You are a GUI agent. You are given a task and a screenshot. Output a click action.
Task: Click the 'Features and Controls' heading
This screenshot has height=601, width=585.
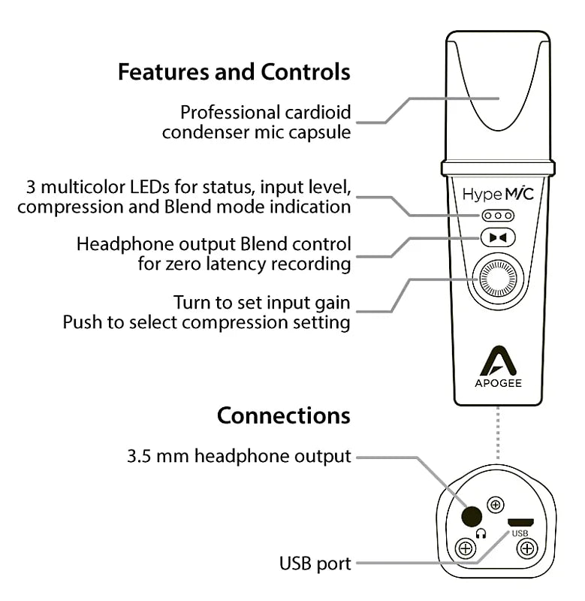[234, 72]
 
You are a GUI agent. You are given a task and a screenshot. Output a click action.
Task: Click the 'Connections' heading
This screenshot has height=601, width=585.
[283, 415]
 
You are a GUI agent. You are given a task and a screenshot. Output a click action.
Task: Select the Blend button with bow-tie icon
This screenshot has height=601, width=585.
[498, 238]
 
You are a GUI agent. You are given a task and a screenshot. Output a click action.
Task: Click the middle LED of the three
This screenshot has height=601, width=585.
[498, 216]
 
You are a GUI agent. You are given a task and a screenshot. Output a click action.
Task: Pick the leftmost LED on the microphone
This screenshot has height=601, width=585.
[487, 216]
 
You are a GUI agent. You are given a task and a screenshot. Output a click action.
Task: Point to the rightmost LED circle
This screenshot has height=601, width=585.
[508, 216]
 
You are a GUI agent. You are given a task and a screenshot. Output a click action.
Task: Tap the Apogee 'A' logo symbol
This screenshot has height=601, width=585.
[498, 362]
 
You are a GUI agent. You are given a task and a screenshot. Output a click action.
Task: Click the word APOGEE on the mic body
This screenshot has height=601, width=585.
[498, 382]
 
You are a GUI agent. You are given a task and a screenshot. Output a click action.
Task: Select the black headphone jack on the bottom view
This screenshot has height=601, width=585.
[472, 516]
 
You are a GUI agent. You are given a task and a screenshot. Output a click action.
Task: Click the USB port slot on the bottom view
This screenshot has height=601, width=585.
[520, 521]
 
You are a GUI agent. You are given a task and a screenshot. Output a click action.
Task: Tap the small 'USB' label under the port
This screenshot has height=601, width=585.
[520, 533]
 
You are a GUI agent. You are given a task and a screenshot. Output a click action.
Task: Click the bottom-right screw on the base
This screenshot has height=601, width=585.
[527, 548]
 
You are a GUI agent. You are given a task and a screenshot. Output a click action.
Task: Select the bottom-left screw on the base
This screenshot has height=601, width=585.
[466, 548]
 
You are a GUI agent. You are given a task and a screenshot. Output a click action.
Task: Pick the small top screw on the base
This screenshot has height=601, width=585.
[496, 504]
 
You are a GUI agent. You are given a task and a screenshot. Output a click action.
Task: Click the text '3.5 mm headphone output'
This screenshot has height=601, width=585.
[239, 456]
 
